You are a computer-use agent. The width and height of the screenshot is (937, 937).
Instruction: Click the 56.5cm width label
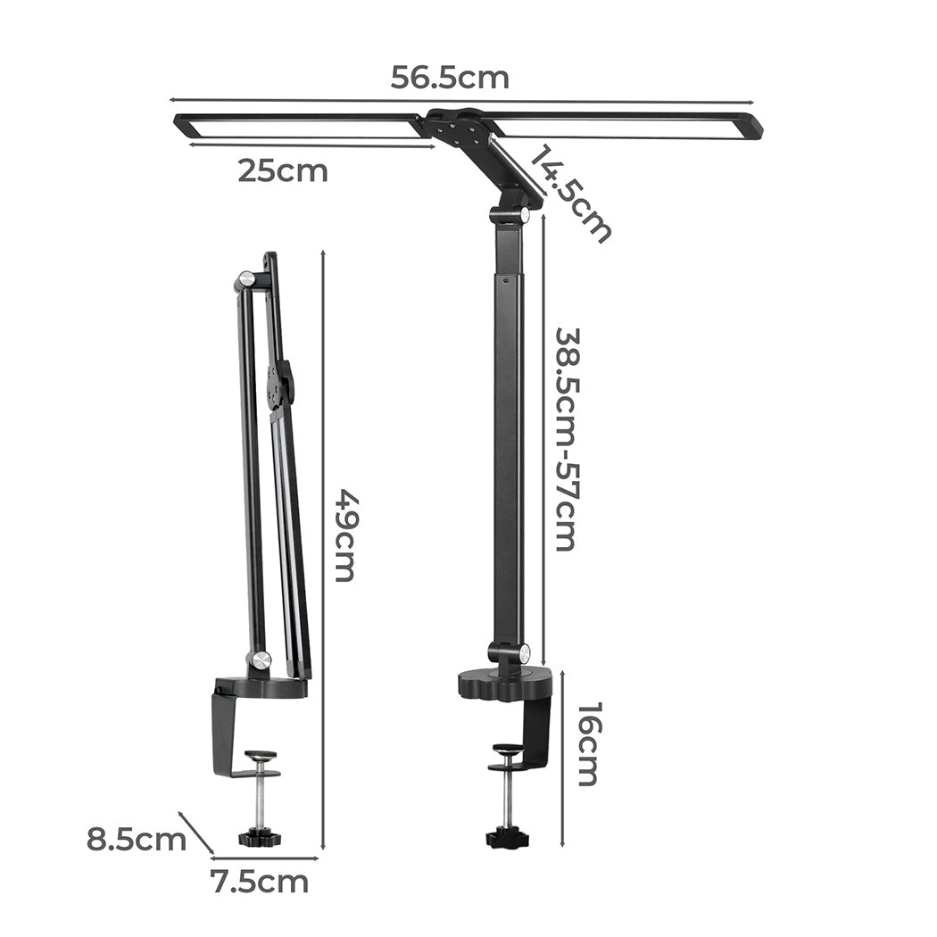(450, 78)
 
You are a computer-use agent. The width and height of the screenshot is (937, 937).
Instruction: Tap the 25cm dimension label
(282, 170)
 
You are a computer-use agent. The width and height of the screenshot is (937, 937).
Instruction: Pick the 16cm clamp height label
(588, 743)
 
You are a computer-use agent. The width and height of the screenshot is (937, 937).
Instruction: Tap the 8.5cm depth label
(136, 839)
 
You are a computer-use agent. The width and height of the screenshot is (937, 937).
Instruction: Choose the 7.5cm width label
(259, 882)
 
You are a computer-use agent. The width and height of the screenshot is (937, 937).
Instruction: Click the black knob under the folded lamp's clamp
(259, 838)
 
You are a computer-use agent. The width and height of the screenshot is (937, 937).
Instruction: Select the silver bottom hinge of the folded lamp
(260, 660)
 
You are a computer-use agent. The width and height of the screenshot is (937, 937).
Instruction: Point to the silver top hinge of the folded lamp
(245, 281)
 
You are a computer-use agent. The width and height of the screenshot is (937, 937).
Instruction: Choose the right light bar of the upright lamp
(625, 126)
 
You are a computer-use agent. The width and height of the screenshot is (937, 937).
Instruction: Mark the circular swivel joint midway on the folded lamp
(281, 385)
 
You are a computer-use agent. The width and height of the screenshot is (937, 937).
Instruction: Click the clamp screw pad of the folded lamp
(261, 755)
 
